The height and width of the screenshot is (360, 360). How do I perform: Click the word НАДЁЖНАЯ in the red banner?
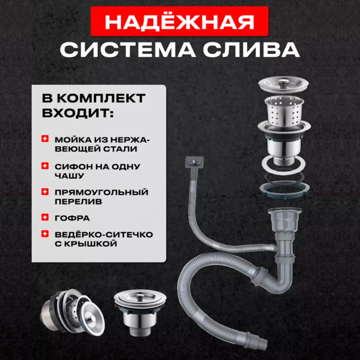click(x=179, y=21)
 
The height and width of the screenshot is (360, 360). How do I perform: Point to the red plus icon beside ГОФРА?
click(x=45, y=217)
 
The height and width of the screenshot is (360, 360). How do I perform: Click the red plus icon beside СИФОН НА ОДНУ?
click(x=45, y=166)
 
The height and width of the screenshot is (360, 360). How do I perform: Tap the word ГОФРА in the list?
click(x=72, y=218)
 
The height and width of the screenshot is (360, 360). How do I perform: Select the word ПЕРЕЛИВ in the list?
click(x=78, y=202)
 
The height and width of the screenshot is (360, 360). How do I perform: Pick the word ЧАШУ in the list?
click(x=69, y=176)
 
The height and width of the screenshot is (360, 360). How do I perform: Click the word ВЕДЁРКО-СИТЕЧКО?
click(x=104, y=235)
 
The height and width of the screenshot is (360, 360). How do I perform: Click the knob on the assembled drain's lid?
click(x=139, y=297)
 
